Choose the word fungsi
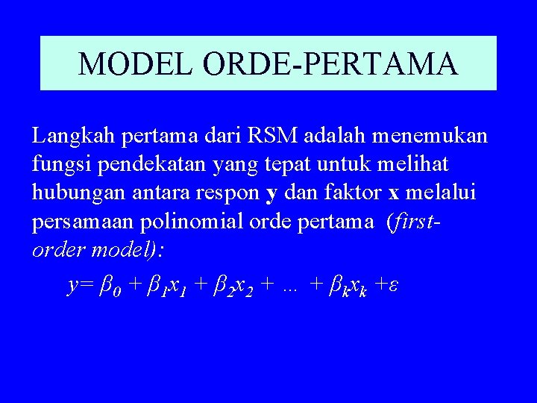56,164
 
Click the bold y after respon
271,194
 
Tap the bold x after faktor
393,193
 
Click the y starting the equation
73,286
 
